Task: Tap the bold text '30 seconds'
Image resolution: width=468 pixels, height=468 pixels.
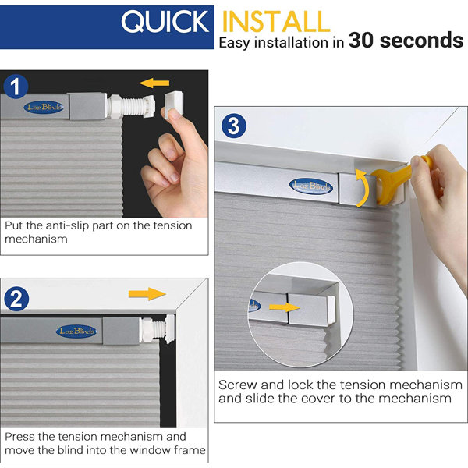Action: coord(406,41)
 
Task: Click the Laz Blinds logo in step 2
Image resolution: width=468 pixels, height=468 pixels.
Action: coord(76,331)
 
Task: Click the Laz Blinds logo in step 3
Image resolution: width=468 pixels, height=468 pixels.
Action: coord(310,185)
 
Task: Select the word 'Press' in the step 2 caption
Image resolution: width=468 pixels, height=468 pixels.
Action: coord(21,436)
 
